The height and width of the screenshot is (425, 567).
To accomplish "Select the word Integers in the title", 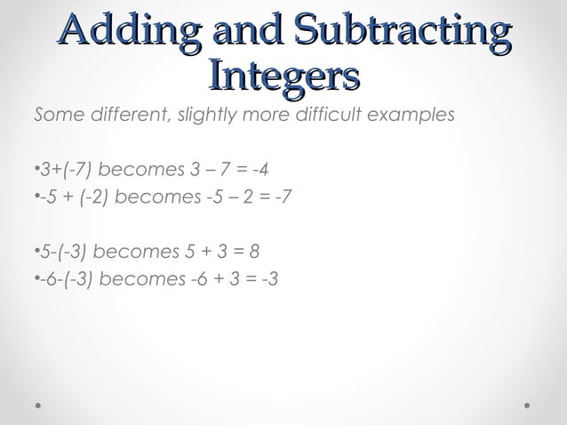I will (283, 76).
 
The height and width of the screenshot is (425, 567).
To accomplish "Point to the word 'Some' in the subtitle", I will (55, 116).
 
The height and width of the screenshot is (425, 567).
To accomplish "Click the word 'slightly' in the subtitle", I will (204, 116).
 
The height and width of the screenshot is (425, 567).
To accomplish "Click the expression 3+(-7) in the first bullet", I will (61, 170).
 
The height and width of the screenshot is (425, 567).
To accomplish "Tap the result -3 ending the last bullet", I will (267, 278).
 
